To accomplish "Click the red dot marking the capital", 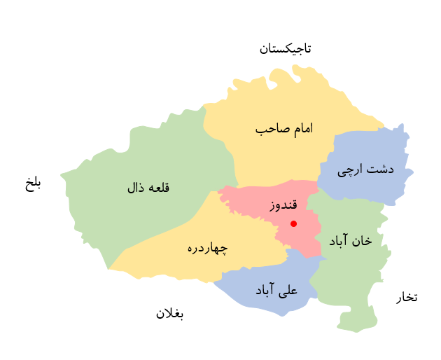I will click(293, 223).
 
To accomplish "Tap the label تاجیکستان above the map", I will click(285, 48).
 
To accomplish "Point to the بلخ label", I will click(33, 184).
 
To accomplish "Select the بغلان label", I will click(169, 313).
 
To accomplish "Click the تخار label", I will click(407, 297).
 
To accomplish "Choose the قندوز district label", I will click(283, 206).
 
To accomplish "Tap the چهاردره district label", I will click(207, 248).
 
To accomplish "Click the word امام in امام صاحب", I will click(298, 129).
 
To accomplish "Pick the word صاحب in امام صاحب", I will click(268, 130).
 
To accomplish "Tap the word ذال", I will click(134, 188).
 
